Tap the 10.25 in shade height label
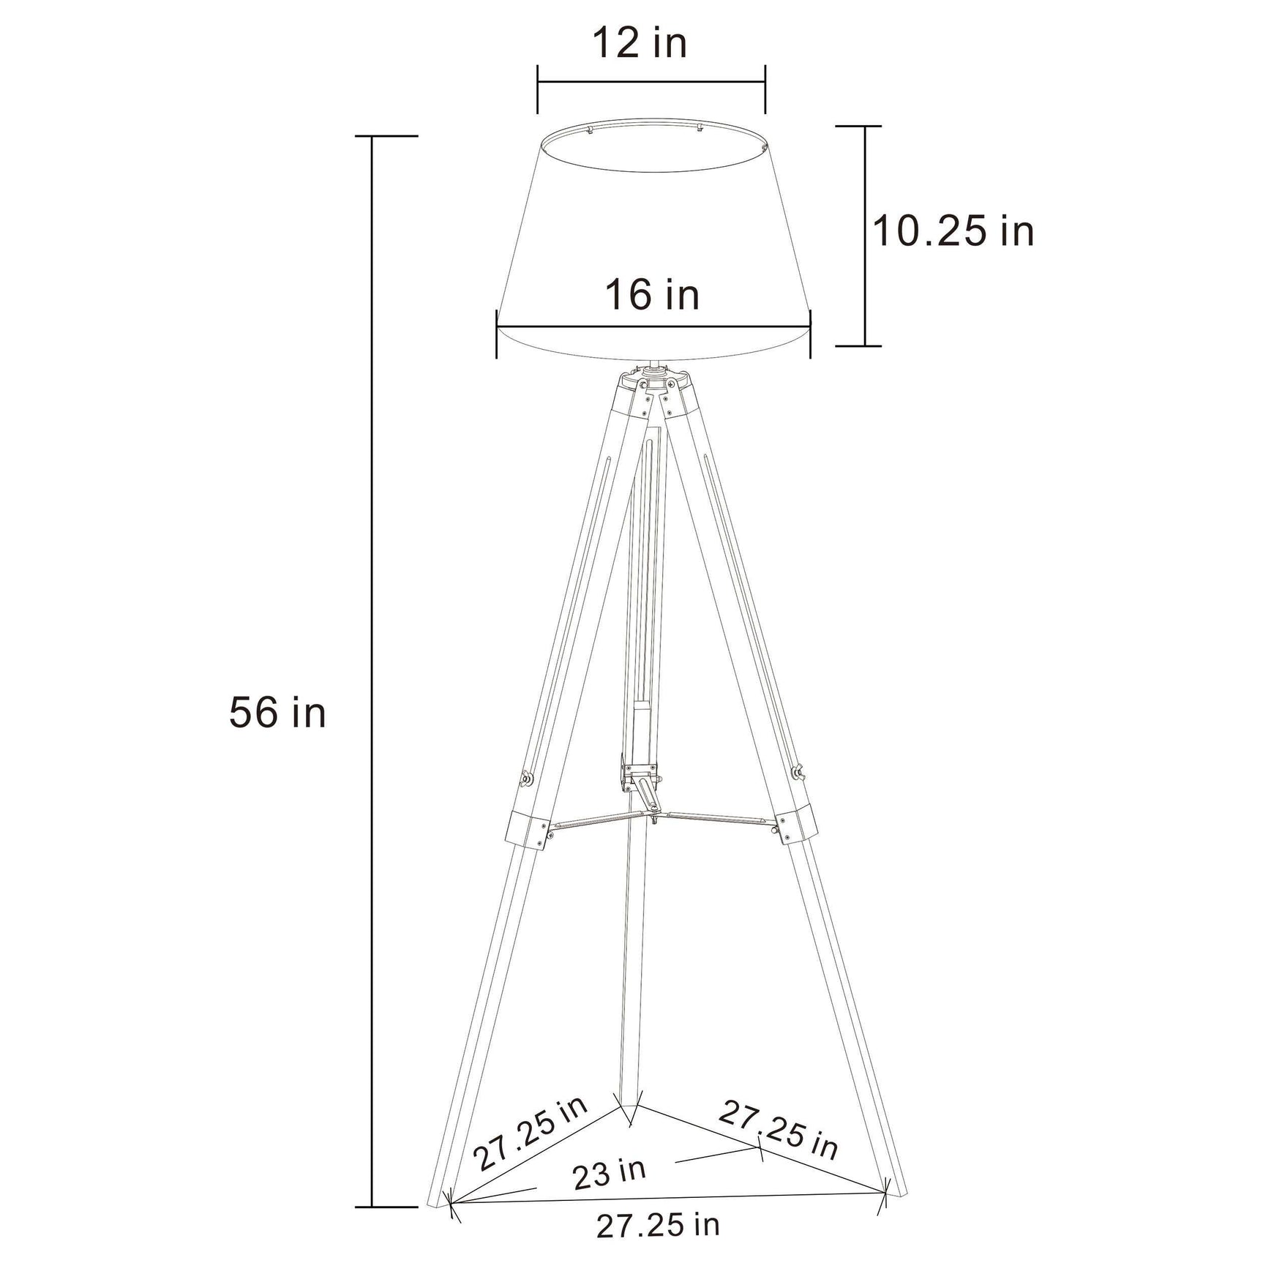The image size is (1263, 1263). (x=953, y=231)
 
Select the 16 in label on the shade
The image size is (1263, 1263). (x=651, y=295)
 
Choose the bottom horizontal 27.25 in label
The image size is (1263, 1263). (x=658, y=1225)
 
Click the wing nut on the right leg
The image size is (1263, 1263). (x=797, y=771)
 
